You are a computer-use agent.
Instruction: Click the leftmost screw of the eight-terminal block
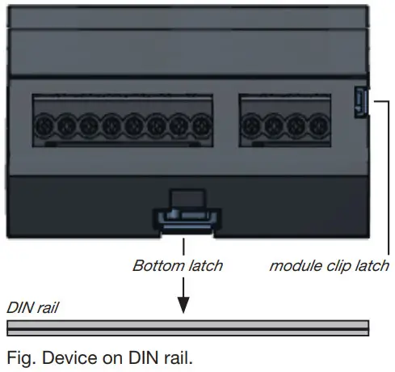44,125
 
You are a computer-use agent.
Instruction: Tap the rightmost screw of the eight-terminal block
201,125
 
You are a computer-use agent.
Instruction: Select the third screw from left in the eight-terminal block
89,125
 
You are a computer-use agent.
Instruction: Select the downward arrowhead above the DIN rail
183,306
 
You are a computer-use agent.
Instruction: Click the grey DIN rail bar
187,328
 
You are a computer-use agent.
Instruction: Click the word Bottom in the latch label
153,265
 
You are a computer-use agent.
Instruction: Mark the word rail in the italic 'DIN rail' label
45,308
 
